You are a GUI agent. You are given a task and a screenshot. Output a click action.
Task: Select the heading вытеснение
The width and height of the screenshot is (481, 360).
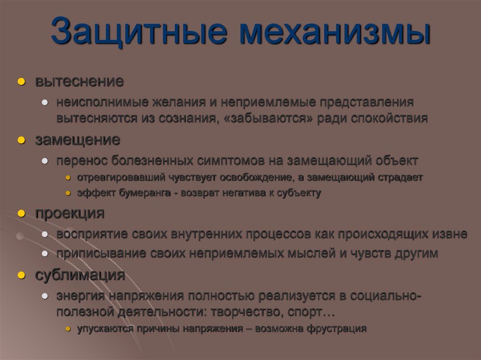click(x=79, y=81)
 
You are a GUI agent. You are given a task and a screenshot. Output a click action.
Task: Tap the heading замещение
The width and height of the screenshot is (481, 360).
click(x=78, y=140)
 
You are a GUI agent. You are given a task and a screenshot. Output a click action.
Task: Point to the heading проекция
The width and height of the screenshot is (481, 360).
click(x=70, y=213)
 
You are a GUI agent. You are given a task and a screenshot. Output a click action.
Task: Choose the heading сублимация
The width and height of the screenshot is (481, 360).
click(x=80, y=275)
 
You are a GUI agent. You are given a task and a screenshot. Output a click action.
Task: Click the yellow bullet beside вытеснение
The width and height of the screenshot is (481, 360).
click(x=21, y=82)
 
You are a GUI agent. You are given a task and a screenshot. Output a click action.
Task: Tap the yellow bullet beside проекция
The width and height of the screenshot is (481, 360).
click(x=21, y=214)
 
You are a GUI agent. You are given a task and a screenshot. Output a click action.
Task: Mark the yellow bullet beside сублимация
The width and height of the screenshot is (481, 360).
click(x=21, y=276)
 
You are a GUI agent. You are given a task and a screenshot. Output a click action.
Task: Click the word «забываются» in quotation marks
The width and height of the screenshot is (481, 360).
click(x=269, y=118)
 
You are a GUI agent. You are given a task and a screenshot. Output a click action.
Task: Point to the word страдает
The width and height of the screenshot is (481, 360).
click(x=400, y=178)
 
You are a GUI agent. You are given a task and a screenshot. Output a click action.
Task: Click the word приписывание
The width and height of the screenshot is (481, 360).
click(x=101, y=253)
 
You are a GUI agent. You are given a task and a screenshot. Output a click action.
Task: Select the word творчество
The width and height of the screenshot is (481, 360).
click(x=247, y=312)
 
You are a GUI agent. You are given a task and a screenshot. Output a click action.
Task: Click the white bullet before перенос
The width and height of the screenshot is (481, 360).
click(x=44, y=161)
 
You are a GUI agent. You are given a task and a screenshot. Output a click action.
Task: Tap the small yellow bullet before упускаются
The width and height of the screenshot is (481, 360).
click(x=68, y=329)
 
